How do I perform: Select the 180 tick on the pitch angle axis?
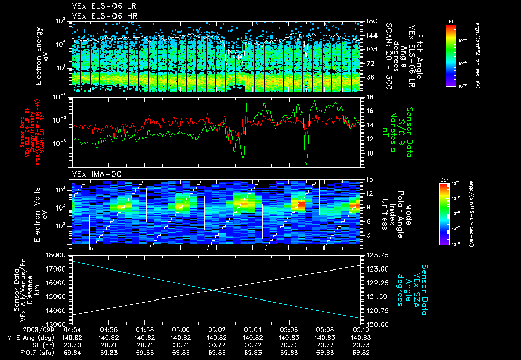point(371,21)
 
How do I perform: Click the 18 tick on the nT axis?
point(371,97)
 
